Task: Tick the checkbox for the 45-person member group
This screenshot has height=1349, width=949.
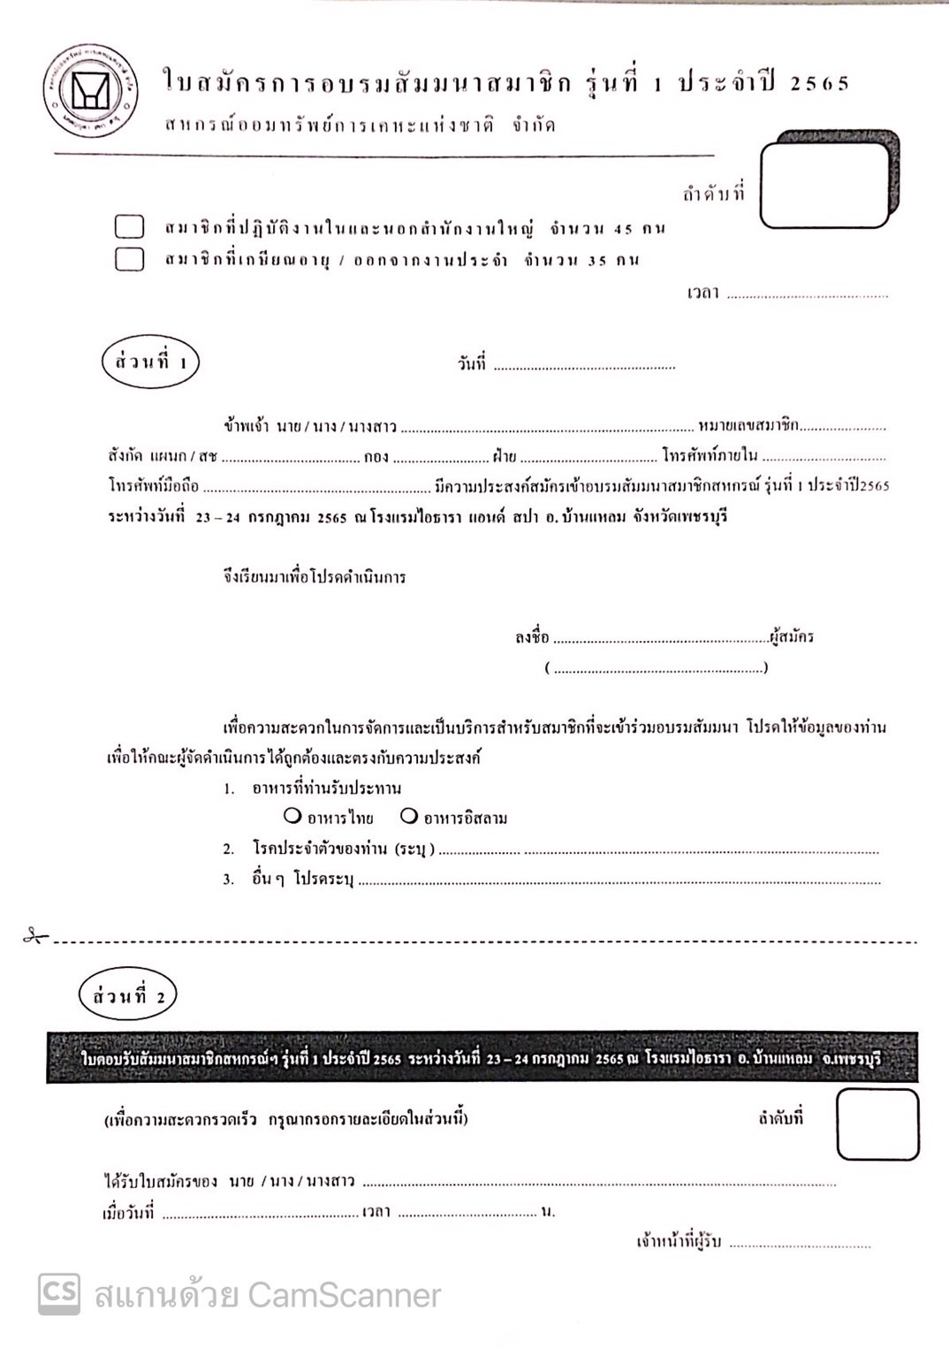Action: [130, 227]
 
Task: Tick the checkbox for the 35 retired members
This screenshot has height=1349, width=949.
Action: [130, 259]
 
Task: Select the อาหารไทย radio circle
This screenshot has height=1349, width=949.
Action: [292, 815]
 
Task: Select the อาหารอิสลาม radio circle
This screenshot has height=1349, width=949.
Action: [409, 815]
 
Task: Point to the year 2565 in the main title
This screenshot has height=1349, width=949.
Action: [819, 84]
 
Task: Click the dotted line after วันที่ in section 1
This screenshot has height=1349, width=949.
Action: [583, 366]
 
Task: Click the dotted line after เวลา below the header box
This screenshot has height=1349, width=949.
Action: [807, 295]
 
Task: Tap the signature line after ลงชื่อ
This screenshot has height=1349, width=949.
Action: [660, 639]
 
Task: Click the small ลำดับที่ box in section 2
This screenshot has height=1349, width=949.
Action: [877, 1124]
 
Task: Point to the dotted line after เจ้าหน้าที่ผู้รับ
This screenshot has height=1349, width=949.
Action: [800, 1245]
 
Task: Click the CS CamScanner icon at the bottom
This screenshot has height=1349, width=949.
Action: [58, 1293]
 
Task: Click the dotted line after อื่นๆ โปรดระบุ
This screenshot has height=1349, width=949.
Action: [619, 881]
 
